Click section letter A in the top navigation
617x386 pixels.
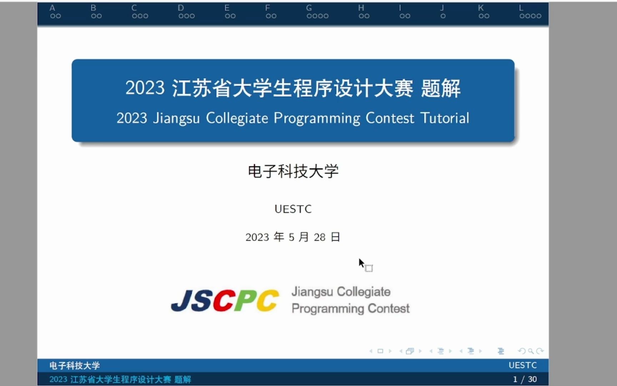(x=52, y=8)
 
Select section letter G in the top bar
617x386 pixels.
(x=309, y=8)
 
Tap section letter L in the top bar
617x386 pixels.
(x=521, y=8)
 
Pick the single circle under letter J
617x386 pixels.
(x=443, y=16)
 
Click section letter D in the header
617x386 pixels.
(x=181, y=8)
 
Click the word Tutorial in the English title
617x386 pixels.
(x=445, y=118)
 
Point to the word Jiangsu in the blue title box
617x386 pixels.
(x=176, y=118)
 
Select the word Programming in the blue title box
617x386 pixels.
(x=317, y=118)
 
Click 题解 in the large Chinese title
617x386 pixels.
(x=441, y=88)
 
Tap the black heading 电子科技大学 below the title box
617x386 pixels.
(x=293, y=171)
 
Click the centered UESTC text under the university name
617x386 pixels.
(x=293, y=209)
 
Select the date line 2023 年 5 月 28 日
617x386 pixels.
(x=293, y=237)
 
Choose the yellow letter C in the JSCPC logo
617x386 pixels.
(x=268, y=300)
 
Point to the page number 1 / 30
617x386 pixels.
(x=525, y=379)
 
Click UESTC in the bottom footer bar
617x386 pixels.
(x=522, y=365)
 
